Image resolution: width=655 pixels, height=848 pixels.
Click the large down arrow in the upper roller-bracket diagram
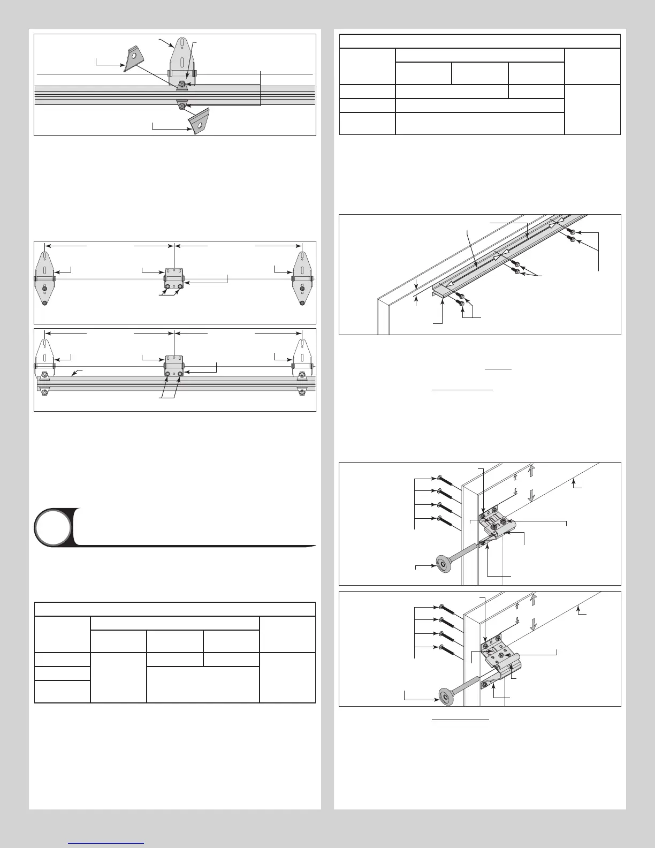[x=531, y=495]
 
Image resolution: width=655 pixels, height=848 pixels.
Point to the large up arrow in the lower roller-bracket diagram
[x=533, y=599]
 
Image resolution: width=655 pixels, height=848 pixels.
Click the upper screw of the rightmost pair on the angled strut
[x=572, y=232]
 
